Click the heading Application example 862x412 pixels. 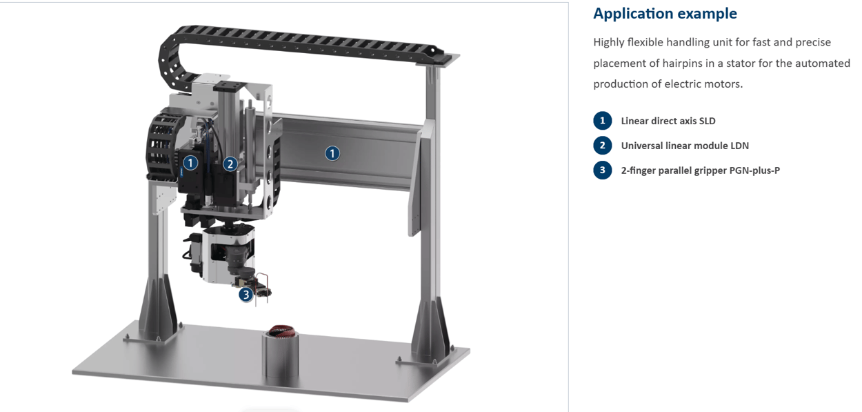tap(665, 14)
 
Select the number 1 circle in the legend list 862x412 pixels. tap(602, 121)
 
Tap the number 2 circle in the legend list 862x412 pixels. tap(602, 146)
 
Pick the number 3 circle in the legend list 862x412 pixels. tap(602, 170)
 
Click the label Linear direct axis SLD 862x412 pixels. tap(668, 121)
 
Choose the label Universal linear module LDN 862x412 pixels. tap(684, 146)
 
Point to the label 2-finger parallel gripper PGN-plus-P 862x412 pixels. tap(700, 170)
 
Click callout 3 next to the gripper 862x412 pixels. tap(246, 295)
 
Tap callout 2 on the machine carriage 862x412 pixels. tap(230, 164)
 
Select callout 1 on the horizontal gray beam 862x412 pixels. tap(332, 153)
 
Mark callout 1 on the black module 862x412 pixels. tap(191, 163)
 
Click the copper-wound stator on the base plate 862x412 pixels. tap(281, 333)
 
